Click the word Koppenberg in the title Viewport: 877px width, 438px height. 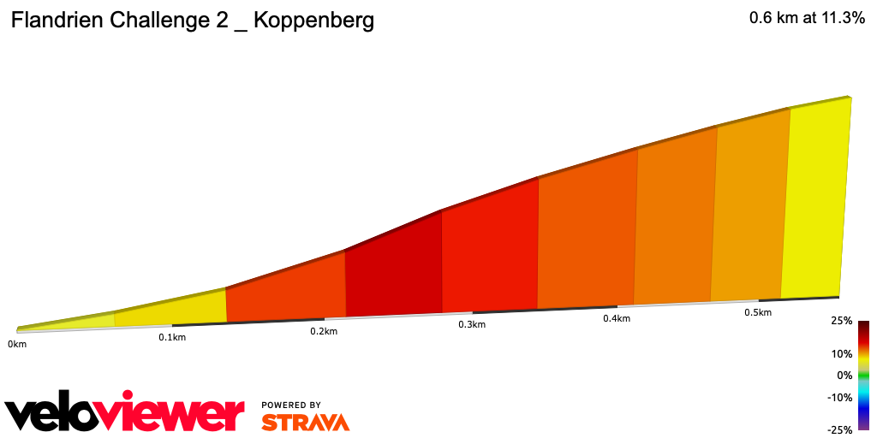click(x=313, y=21)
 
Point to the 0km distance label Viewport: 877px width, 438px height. click(x=16, y=344)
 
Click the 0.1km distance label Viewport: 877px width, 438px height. click(x=172, y=337)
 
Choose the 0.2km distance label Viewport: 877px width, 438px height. click(x=324, y=331)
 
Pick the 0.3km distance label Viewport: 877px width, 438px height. click(x=472, y=325)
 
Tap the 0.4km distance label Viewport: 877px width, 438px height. click(x=617, y=319)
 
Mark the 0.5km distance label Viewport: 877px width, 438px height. click(x=758, y=312)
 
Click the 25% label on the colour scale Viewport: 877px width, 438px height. click(x=842, y=322)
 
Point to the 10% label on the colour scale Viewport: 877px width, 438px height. click(x=842, y=353)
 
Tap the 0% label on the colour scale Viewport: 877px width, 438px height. click(x=844, y=376)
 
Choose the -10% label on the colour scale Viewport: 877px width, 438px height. click(x=840, y=397)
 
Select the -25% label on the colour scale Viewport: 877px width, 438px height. click(x=840, y=429)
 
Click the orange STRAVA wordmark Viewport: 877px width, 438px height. click(x=305, y=422)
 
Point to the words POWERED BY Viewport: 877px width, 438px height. click(x=291, y=405)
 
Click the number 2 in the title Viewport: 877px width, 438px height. click(x=220, y=21)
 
